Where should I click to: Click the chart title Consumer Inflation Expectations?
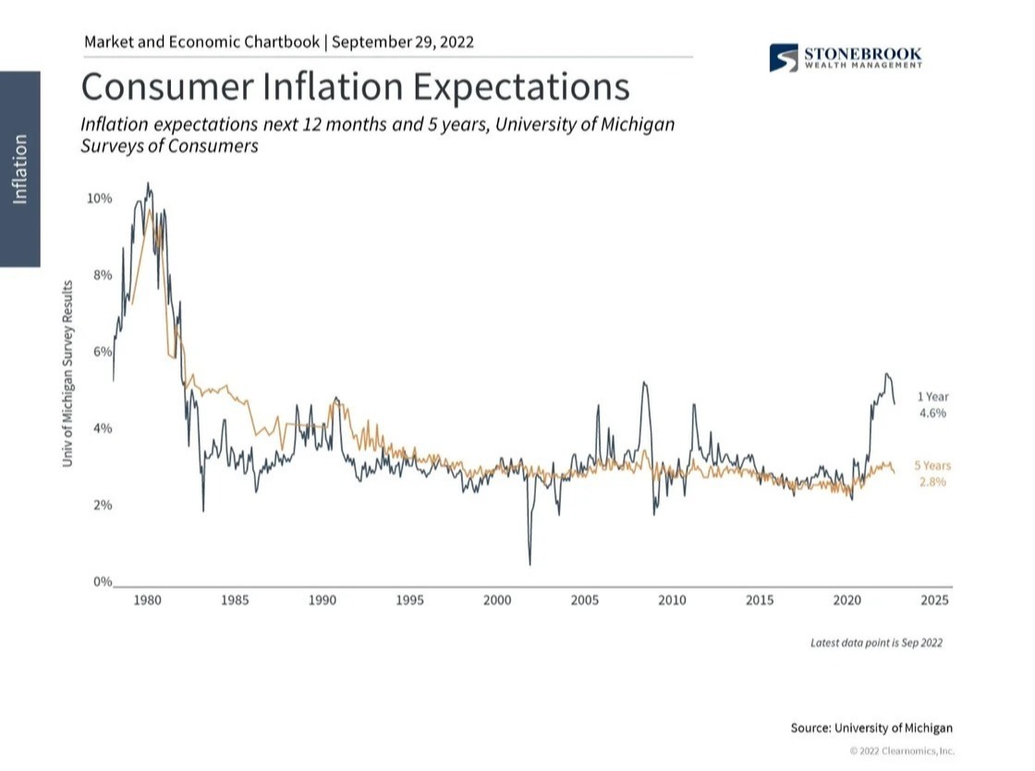coord(356,87)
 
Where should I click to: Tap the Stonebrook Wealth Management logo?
coord(845,57)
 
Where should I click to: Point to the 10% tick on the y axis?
coord(99,199)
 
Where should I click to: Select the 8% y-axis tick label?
coord(99,275)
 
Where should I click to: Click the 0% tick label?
coord(99,582)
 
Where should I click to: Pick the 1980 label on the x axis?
coord(147,601)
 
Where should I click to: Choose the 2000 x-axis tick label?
coord(497,601)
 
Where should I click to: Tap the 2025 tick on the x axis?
coord(934,601)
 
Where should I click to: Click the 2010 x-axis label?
coord(672,601)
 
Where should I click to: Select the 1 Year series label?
coord(932,398)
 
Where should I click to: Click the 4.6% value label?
coord(932,414)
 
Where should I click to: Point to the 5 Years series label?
coord(932,466)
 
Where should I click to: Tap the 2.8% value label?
coord(932,483)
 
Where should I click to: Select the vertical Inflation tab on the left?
coord(19,169)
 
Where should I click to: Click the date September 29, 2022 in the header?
coord(403,42)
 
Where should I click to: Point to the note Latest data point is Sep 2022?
coord(876,642)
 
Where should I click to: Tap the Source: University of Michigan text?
coord(871,728)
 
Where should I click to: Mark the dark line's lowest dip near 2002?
coord(530,564)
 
